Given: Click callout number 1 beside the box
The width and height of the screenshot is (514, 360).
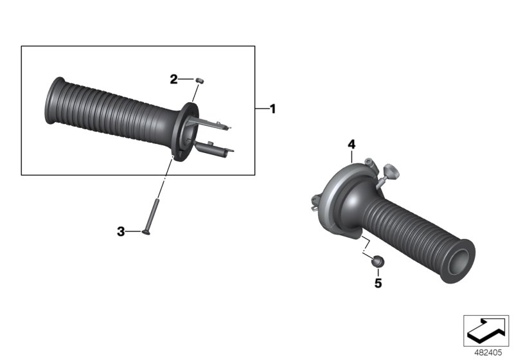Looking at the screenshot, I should point(272,109).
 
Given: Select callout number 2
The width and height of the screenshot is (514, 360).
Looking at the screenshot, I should point(173,80).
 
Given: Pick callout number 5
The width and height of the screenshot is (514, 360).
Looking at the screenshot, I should point(378,283).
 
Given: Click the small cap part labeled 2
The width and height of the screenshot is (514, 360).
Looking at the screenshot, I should point(199,80).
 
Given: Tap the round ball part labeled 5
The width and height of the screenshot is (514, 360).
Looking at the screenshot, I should point(378,261).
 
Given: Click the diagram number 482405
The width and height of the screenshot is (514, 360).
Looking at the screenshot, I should point(486,352).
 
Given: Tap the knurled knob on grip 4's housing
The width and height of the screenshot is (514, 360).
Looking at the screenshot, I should point(390,171).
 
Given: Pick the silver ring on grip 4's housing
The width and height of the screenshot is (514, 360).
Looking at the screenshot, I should point(334,193).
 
